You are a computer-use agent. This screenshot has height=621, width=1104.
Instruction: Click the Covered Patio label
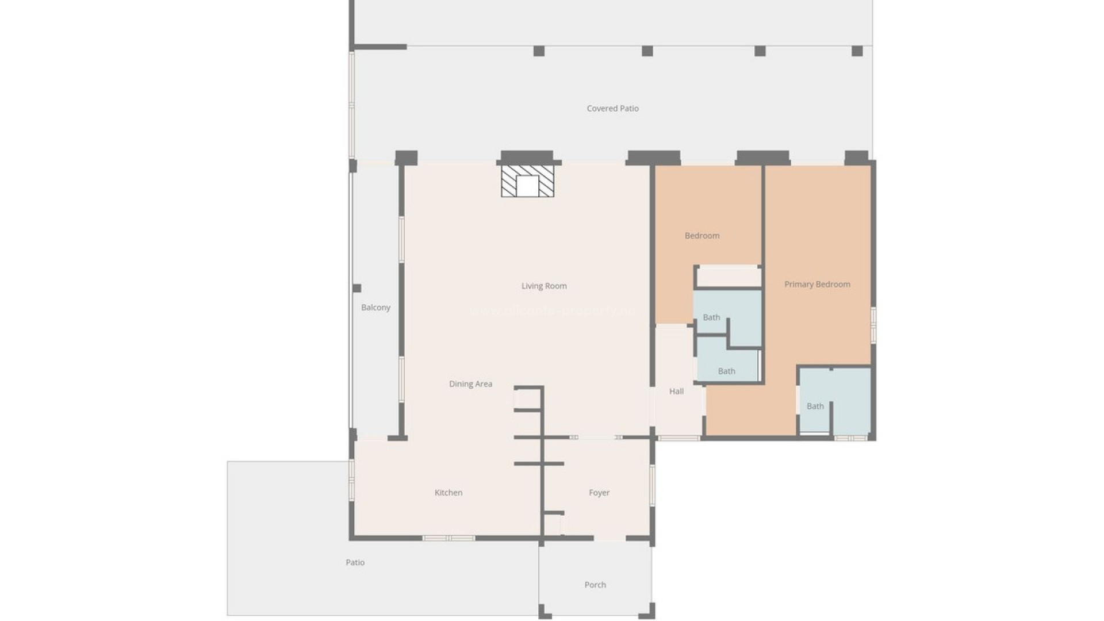612,108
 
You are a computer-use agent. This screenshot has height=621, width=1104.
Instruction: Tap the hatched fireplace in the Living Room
527,182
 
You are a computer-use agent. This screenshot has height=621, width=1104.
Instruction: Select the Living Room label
544,286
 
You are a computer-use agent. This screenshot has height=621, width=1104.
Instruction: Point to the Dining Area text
470,384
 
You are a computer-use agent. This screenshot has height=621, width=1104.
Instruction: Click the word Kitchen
448,492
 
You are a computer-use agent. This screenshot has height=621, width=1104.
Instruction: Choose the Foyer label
599,492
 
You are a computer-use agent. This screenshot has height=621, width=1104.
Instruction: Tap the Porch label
595,584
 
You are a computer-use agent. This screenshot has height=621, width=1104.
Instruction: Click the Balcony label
375,307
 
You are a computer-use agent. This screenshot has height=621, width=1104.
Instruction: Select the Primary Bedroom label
817,284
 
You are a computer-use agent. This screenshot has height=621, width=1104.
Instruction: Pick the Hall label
676,391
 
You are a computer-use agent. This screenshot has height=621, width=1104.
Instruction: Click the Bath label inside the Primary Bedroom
815,406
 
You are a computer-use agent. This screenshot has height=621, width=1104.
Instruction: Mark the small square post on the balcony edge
356,288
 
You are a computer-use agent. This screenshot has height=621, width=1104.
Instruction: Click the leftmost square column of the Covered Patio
539,51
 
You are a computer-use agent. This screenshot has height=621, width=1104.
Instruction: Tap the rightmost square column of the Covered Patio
857,51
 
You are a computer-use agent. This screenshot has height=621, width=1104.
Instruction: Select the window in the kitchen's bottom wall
448,538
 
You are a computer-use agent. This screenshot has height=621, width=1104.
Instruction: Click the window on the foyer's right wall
653,485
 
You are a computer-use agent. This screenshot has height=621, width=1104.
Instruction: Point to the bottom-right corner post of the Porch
650,611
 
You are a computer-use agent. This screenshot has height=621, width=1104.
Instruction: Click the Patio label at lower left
355,562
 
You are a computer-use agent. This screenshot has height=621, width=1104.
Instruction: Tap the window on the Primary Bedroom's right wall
873,325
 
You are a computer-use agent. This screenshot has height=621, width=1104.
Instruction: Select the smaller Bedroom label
701,235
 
